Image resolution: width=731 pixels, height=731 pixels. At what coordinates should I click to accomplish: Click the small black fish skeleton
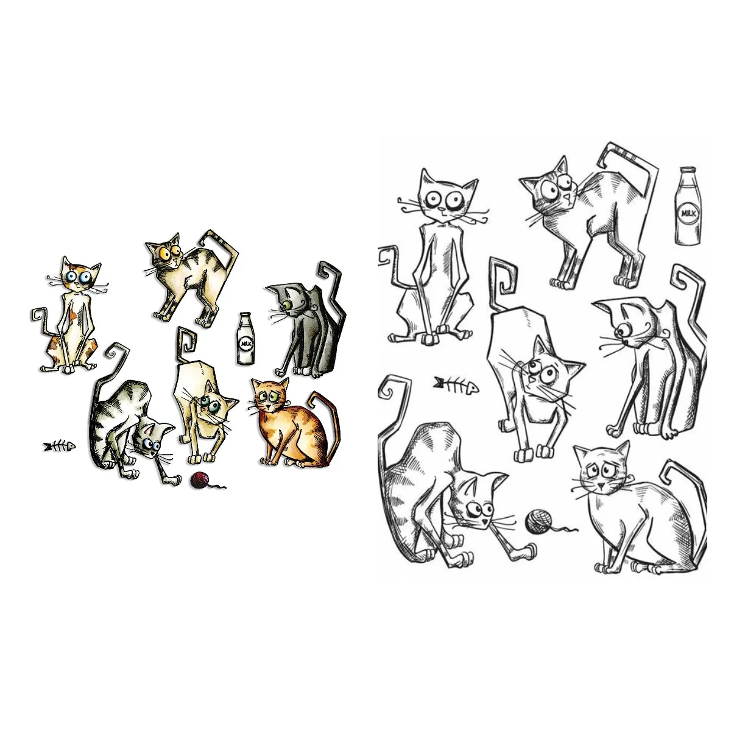pyautogui.click(x=59, y=447)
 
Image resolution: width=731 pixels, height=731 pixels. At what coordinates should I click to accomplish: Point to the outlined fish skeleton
pyautogui.click(x=455, y=384)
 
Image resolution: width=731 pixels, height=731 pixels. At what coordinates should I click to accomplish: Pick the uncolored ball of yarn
pyautogui.click(x=538, y=523)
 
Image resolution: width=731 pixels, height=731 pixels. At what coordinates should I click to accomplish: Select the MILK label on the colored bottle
pyautogui.click(x=245, y=343)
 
